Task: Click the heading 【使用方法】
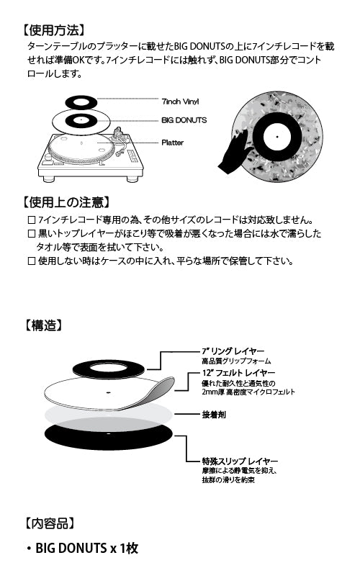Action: coord(54,30)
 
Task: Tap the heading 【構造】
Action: coord(43,325)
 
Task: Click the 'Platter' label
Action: coord(173,143)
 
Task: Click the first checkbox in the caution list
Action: coord(31,220)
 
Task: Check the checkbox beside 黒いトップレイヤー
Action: coord(31,234)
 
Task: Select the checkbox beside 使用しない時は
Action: coord(31,261)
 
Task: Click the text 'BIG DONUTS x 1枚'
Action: coord(86,549)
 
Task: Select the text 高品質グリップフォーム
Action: coord(235,360)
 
